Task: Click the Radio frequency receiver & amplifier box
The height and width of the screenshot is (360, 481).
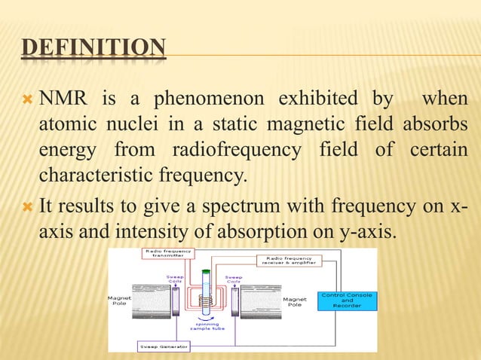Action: [x=290, y=261]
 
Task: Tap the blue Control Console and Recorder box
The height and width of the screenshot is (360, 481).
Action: [x=348, y=301]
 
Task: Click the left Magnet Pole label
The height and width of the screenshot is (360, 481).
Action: [x=121, y=301]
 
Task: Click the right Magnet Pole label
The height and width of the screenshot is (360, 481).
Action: [x=293, y=302]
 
